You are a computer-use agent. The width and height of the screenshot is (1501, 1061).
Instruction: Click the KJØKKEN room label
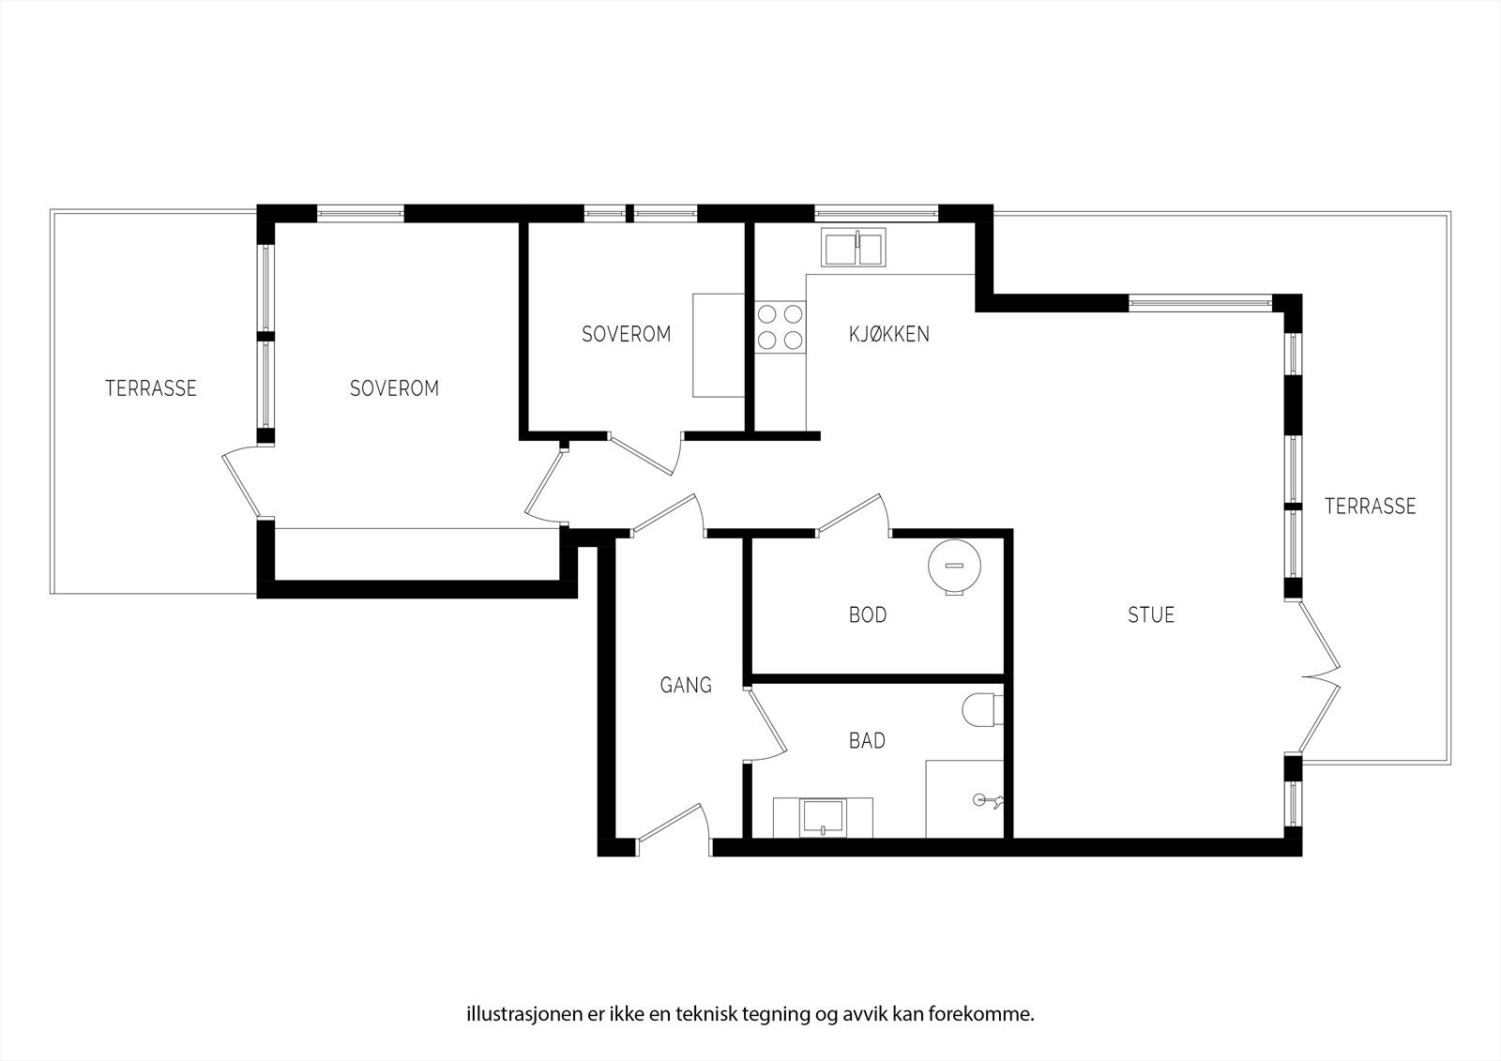[x=888, y=334]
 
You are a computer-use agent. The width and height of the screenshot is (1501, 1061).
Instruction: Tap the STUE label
[x=1150, y=615]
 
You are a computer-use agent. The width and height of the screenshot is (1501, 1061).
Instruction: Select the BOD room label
[x=867, y=615]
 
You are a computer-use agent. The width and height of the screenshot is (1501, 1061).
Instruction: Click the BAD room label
[x=867, y=741]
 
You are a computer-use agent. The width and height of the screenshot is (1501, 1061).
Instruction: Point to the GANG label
[x=686, y=685]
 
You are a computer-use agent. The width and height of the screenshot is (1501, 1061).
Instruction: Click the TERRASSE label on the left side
[x=151, y=388]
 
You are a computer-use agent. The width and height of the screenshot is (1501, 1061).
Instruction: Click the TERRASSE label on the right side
[x=1370, y=507]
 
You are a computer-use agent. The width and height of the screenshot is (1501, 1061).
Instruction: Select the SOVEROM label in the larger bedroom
[x=394, y=388]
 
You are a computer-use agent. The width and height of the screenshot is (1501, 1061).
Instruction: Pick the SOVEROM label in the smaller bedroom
[x=626, y=334]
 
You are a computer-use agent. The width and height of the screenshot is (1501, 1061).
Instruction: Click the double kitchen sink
[x=854, y=248]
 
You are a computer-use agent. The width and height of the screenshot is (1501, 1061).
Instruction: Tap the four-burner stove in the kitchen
[x=781, y=326]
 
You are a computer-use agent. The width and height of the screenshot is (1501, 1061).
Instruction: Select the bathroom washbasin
[x=824, y=817]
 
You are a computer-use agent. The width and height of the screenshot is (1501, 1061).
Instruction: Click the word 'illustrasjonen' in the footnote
[x=511, y=988]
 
